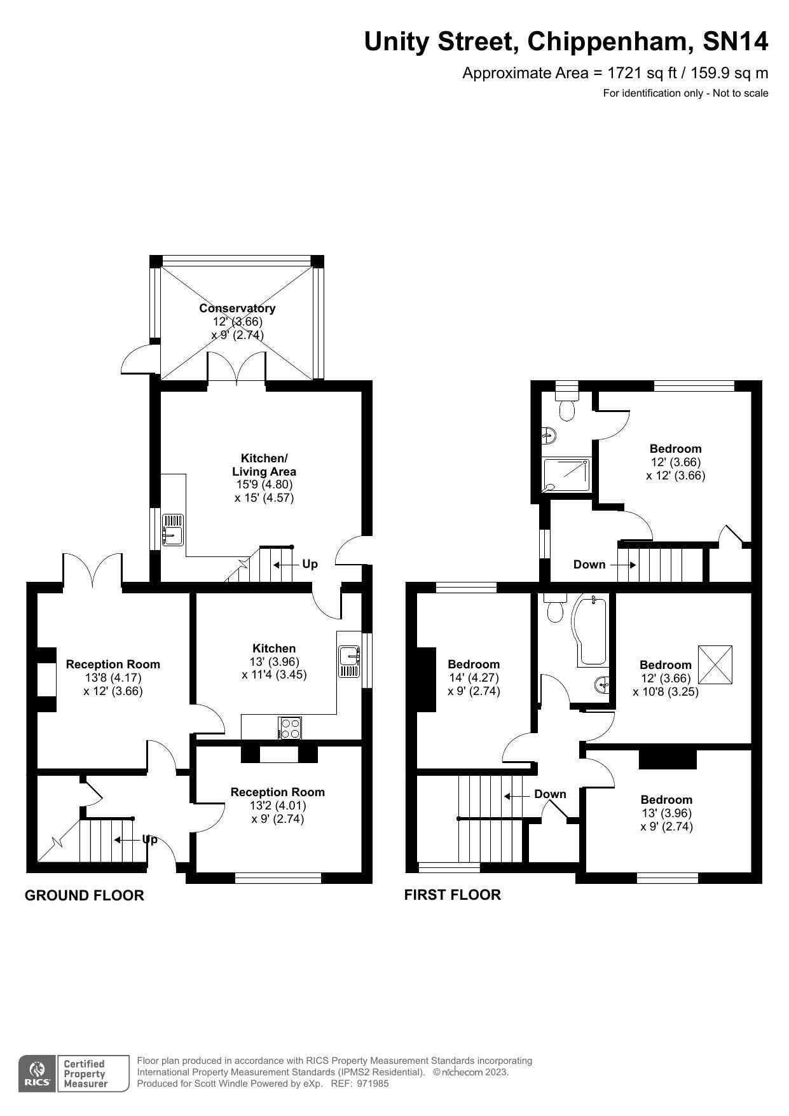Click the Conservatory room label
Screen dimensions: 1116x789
[x=237, y=308]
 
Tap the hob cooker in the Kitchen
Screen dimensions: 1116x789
[x=290, y=727]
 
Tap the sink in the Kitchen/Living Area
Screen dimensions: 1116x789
[x=172, y=530]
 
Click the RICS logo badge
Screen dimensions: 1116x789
[x=37, y=1074]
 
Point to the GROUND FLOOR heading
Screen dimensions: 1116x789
[x=85, y=895]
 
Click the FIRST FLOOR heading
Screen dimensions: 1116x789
[x=452, y=895]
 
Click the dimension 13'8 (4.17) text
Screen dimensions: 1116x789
[x=113, y=678]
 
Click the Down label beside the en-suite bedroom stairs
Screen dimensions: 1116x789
[x=589, y=564]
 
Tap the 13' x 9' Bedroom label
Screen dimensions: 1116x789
[x=666, y=799]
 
